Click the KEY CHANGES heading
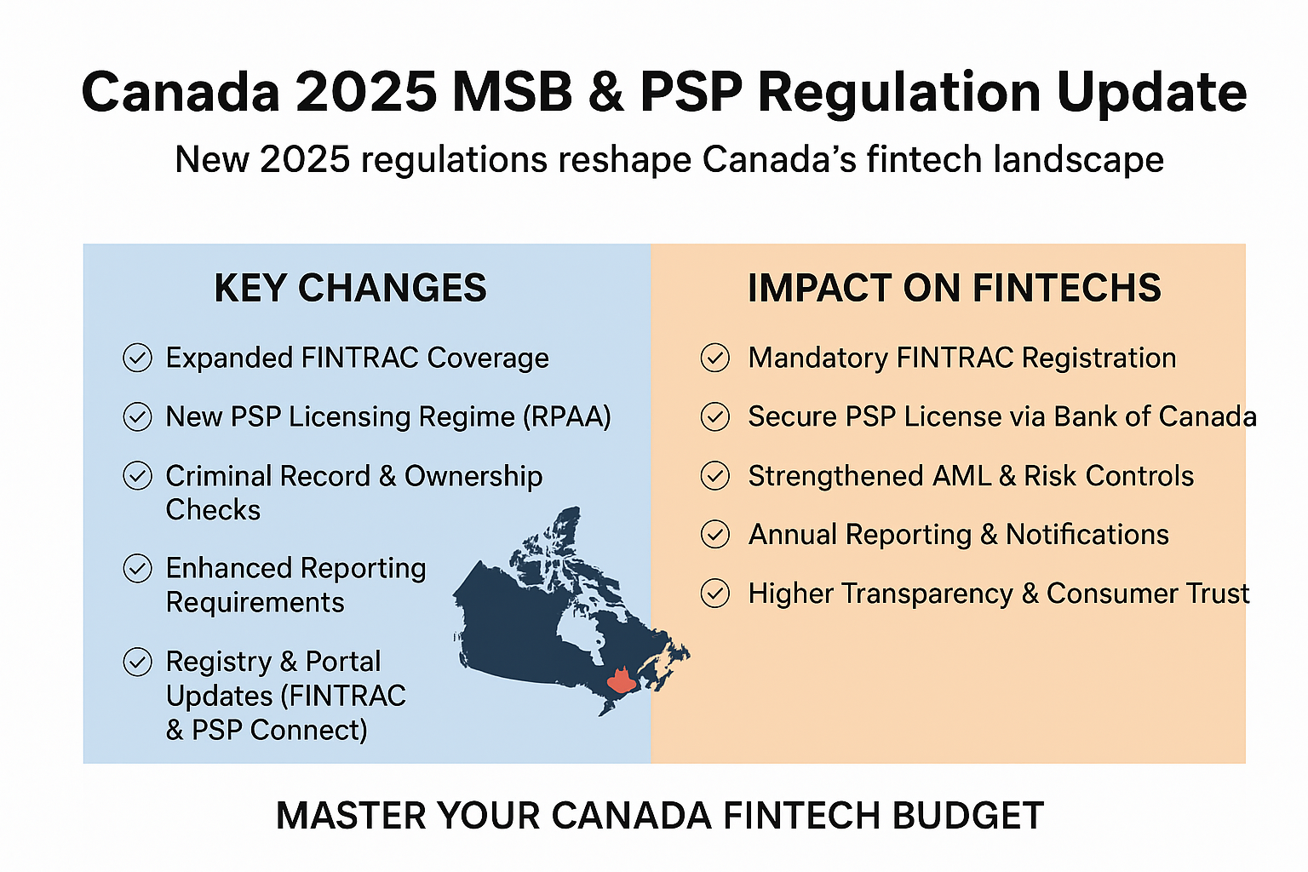coord(350,289)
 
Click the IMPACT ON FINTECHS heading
coord(954,289)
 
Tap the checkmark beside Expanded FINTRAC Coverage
coord(137,358)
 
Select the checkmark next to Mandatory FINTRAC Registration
coord(714,358)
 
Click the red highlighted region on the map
coord(622,680)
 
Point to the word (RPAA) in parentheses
coord(567,417)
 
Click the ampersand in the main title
coord(606,92)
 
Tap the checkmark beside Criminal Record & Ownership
coord(137,475)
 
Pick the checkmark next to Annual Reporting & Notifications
coord(714,534)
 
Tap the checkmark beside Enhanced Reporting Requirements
coord(137,568)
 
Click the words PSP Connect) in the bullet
coord(279,731)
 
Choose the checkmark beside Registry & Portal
coord(137,662)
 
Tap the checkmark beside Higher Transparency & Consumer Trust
coord(714,594)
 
